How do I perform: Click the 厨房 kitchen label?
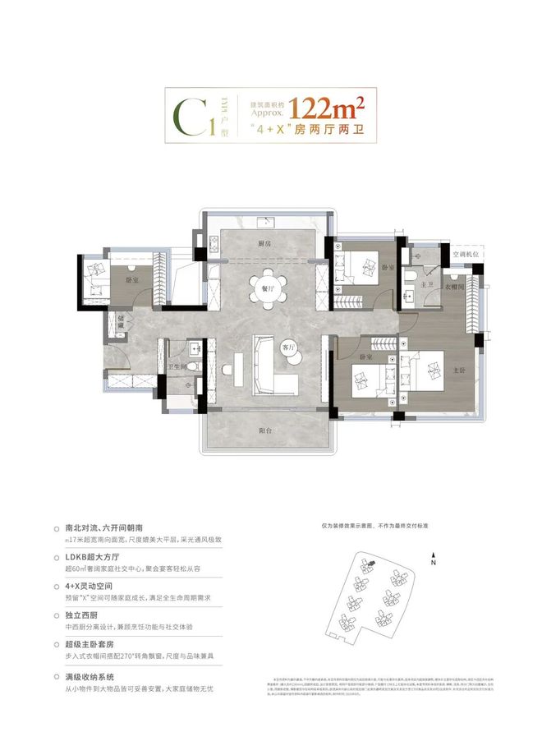(264, 244)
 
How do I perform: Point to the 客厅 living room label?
(288, 346)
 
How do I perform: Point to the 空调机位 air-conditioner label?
(467, 254)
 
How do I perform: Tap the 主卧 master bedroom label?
(459, 369)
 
